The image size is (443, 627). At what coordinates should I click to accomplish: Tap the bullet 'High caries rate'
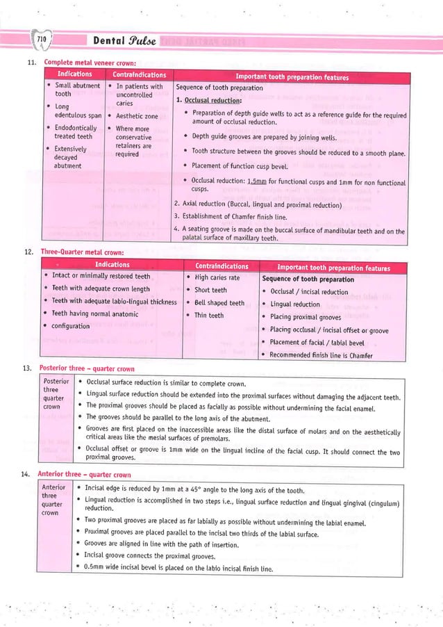point(217,277)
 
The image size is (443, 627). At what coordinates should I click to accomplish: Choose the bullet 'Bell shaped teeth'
point(219,302)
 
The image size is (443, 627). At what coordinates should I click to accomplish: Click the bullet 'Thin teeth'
point(209,316)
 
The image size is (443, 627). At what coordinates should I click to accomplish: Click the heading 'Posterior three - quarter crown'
point(87,368)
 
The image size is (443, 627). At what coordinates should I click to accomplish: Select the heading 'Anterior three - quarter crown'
point(85,475)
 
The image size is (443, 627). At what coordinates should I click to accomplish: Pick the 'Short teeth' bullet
point(210,290)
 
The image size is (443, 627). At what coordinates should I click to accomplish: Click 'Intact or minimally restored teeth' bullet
point(101,277)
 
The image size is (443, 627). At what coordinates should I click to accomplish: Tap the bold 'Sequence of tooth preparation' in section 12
point(308,279)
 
